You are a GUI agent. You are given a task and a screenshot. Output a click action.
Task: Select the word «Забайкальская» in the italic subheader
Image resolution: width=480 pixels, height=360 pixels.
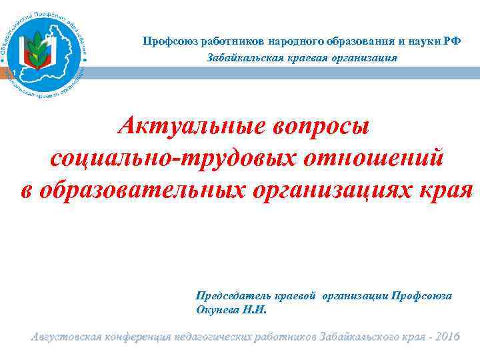(x=238, y=58)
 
